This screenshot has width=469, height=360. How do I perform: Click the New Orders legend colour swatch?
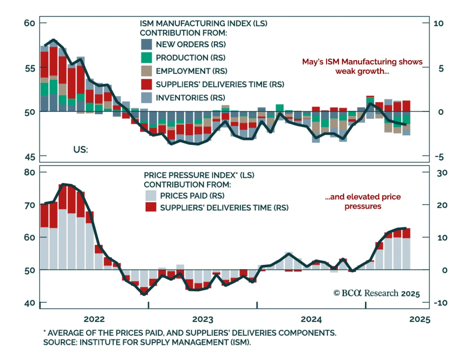[146, 44]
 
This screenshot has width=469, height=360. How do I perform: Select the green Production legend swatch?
[146, 58]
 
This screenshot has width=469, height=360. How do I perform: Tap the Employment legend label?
[191, 71]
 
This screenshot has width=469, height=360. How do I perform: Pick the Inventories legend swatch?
[146, 98]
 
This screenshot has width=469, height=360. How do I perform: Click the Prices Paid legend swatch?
[151, 196]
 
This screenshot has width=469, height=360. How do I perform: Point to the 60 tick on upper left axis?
[30, 23]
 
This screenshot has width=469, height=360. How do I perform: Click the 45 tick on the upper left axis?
[30, 157]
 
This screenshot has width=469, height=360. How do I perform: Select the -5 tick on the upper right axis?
[439, 157]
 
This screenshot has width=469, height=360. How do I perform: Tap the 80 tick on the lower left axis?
[30, 172]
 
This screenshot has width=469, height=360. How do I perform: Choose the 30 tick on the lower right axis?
[442, 173]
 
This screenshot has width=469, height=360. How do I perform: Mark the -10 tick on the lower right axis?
[441, 303]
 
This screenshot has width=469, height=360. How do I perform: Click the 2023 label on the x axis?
[203, 319]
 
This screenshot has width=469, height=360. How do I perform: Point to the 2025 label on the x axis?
[420, 319]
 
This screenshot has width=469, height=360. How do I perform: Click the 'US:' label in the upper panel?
[81, 150]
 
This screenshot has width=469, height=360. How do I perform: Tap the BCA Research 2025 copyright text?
[377, 293]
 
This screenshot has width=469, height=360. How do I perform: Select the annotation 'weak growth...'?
[362, 71]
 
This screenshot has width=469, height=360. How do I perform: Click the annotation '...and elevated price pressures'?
[363, 201]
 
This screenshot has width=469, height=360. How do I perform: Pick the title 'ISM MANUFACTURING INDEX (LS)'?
[203, 23]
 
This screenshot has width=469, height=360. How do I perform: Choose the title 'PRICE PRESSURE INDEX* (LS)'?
[199, 175]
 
